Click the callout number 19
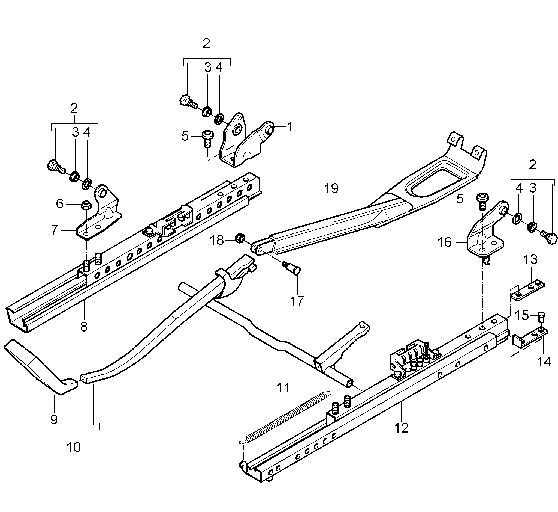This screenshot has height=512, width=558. pyautogui.click(x=331, y=188)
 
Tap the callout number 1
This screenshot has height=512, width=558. pyautogui.click(x=289, y=127)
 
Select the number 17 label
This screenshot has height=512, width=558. pyautogui.click(x=297, y=301)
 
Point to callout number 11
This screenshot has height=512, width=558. pyautogui.click(x=283, y=387)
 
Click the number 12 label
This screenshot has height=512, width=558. pyautogui.click(x=401, y=428)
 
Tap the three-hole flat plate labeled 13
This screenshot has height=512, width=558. pyautogui.click(x=527, y=291)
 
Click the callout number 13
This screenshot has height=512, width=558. pyautogui.click(x=530, y=260)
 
